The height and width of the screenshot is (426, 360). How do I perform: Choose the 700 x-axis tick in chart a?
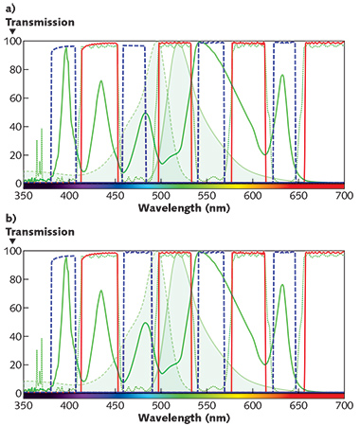(345, 195)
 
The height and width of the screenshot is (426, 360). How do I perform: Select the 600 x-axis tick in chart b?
(253, 405)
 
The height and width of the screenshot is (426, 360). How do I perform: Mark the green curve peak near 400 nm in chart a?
(66, 49)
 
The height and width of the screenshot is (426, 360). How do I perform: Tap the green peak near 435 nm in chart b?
(100, 291)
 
